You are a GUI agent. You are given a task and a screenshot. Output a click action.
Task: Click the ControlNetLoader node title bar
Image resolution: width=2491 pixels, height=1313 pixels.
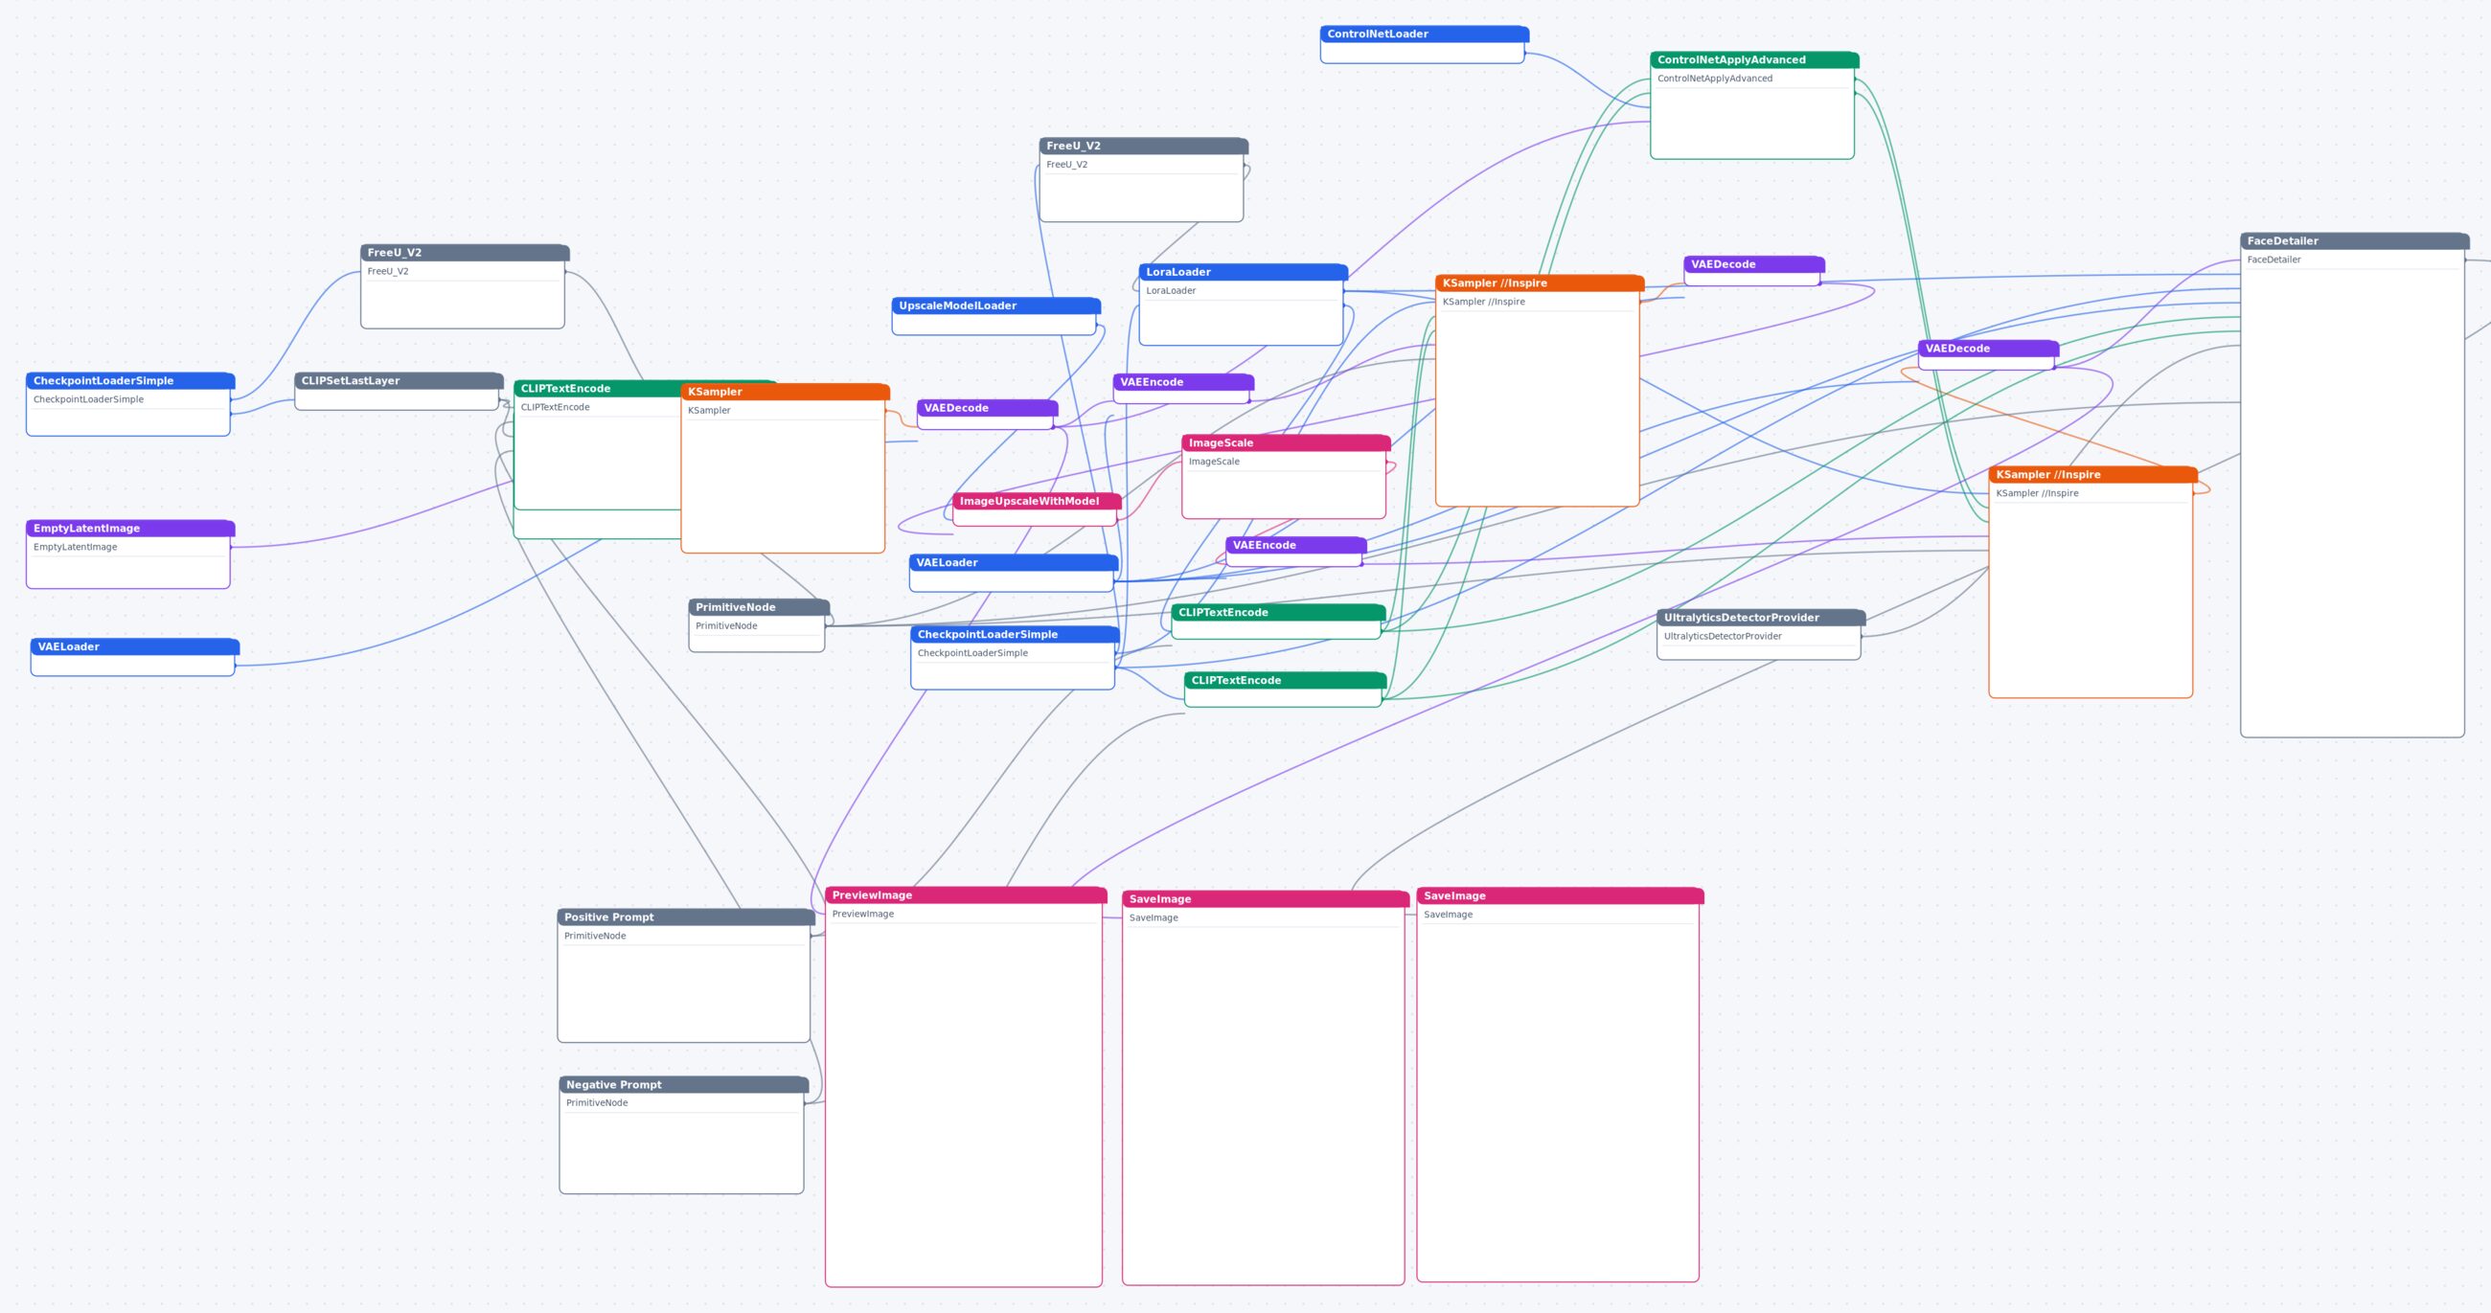pyautogui.click(x=1424, y=34)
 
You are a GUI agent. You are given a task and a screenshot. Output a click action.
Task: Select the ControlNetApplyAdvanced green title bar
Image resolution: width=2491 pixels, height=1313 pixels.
pyautogui.click(x=1754, y=60)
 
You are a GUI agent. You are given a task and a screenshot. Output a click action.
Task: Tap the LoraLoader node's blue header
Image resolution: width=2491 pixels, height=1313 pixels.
pyautogui.click(x=1243, y=272)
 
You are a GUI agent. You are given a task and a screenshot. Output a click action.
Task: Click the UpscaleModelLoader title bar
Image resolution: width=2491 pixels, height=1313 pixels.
pyautogui.click(x=996, y=306)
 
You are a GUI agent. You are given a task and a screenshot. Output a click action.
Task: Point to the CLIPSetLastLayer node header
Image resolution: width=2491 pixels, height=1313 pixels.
pyautogui.click(x=399, y=381)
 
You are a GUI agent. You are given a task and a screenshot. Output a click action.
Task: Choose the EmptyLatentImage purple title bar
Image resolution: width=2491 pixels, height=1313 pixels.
pyautogui.click(x=130, y=528)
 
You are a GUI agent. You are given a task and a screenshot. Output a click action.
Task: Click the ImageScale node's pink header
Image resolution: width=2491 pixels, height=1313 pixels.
pyautogui.click(x=1286, y=442)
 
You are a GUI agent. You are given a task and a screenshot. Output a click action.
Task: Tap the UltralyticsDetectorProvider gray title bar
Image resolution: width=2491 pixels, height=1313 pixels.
pyautogui.click(x=1761, y=618)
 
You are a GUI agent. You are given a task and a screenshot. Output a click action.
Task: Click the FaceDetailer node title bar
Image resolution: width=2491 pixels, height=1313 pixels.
pyautogui.click(x=2354, y=240)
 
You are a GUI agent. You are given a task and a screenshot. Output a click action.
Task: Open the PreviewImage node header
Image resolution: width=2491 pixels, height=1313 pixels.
pyautogui.click(x=965, y=895)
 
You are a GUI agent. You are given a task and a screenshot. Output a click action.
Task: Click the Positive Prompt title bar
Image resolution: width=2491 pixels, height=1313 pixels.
pyautogui.click(x=686, y=917)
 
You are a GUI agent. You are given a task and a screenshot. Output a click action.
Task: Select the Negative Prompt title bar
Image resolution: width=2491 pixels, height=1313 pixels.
pyautogui.click(x=684, y=1085)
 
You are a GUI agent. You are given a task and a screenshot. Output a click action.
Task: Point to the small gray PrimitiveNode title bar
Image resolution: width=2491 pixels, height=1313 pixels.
pyautogui.click(x=759, y=607)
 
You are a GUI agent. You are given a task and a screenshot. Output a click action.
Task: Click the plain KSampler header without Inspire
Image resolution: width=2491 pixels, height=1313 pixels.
pyautogui.click(x=786, y=392)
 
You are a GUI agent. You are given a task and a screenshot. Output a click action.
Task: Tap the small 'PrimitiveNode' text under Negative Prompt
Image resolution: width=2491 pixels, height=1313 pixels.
pyautogui.click(x=597, y=1103)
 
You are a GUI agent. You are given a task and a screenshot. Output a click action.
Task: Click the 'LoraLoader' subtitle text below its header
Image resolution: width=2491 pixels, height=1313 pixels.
pyautogui.click(x=1171, y=290)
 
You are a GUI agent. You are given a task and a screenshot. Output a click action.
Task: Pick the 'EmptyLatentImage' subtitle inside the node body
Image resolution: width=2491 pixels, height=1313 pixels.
pyautogui.click(x=76, y=547)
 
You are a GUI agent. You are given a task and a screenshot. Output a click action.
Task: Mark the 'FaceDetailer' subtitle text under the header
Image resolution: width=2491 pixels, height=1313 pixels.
pyautogui.click(x=2274, y=260)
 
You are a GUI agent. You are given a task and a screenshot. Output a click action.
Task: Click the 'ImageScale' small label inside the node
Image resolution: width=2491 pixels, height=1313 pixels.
pyautogui.click(x=1214, y=462)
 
